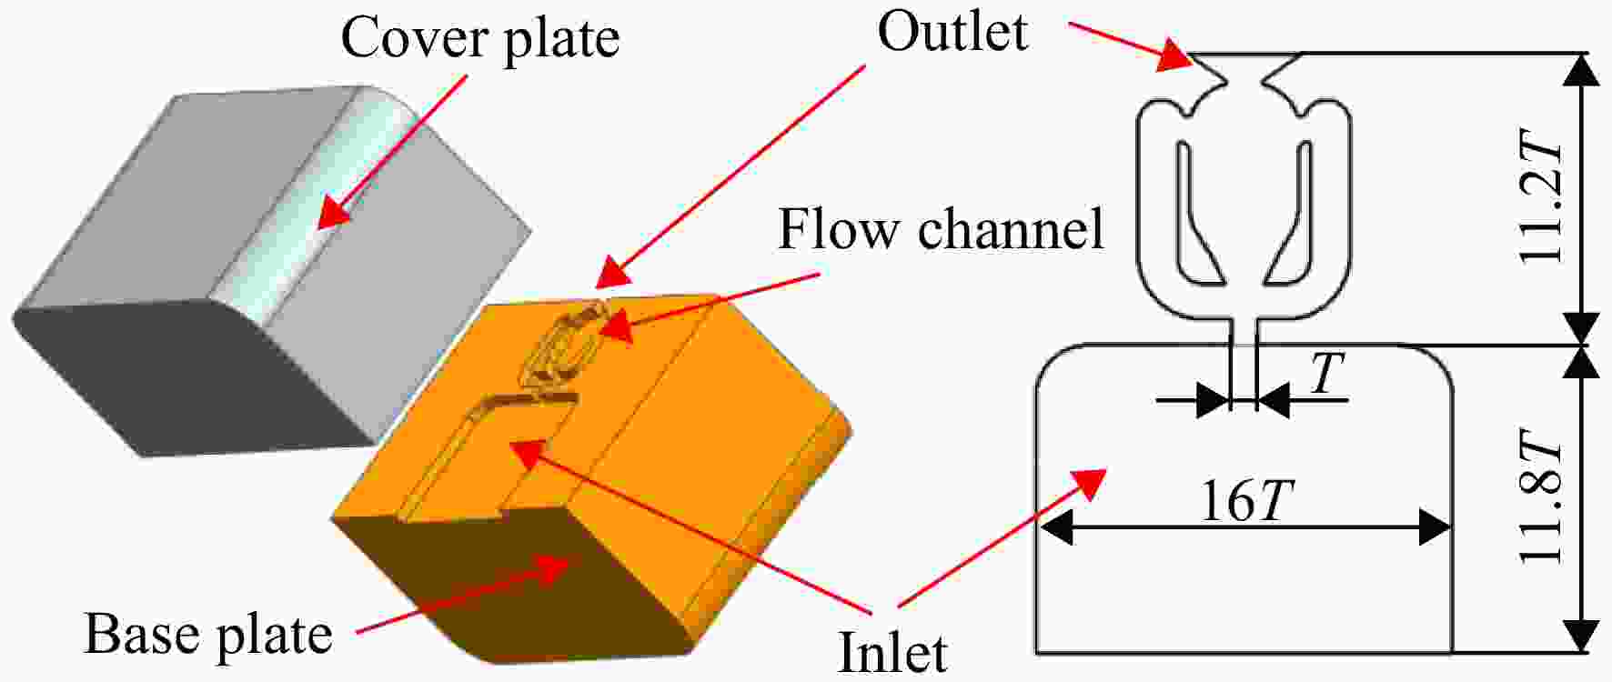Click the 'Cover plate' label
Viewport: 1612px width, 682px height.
pyautogui.click(x=480, y=40)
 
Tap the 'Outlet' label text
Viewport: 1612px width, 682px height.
pyautogui.click(x=952, y=32)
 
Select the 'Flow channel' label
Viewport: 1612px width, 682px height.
pyautogui.click(x=941, y=229)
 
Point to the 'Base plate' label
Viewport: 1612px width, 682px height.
pyautogui.click(x=208, y=634)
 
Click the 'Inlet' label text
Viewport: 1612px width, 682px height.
pyautogui.click(x=892, y=652)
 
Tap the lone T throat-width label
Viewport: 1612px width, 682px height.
pyautogui.click(x=1327, y=372)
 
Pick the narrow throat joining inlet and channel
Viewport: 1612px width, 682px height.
pyautogui.click(x=1244, y=333)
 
